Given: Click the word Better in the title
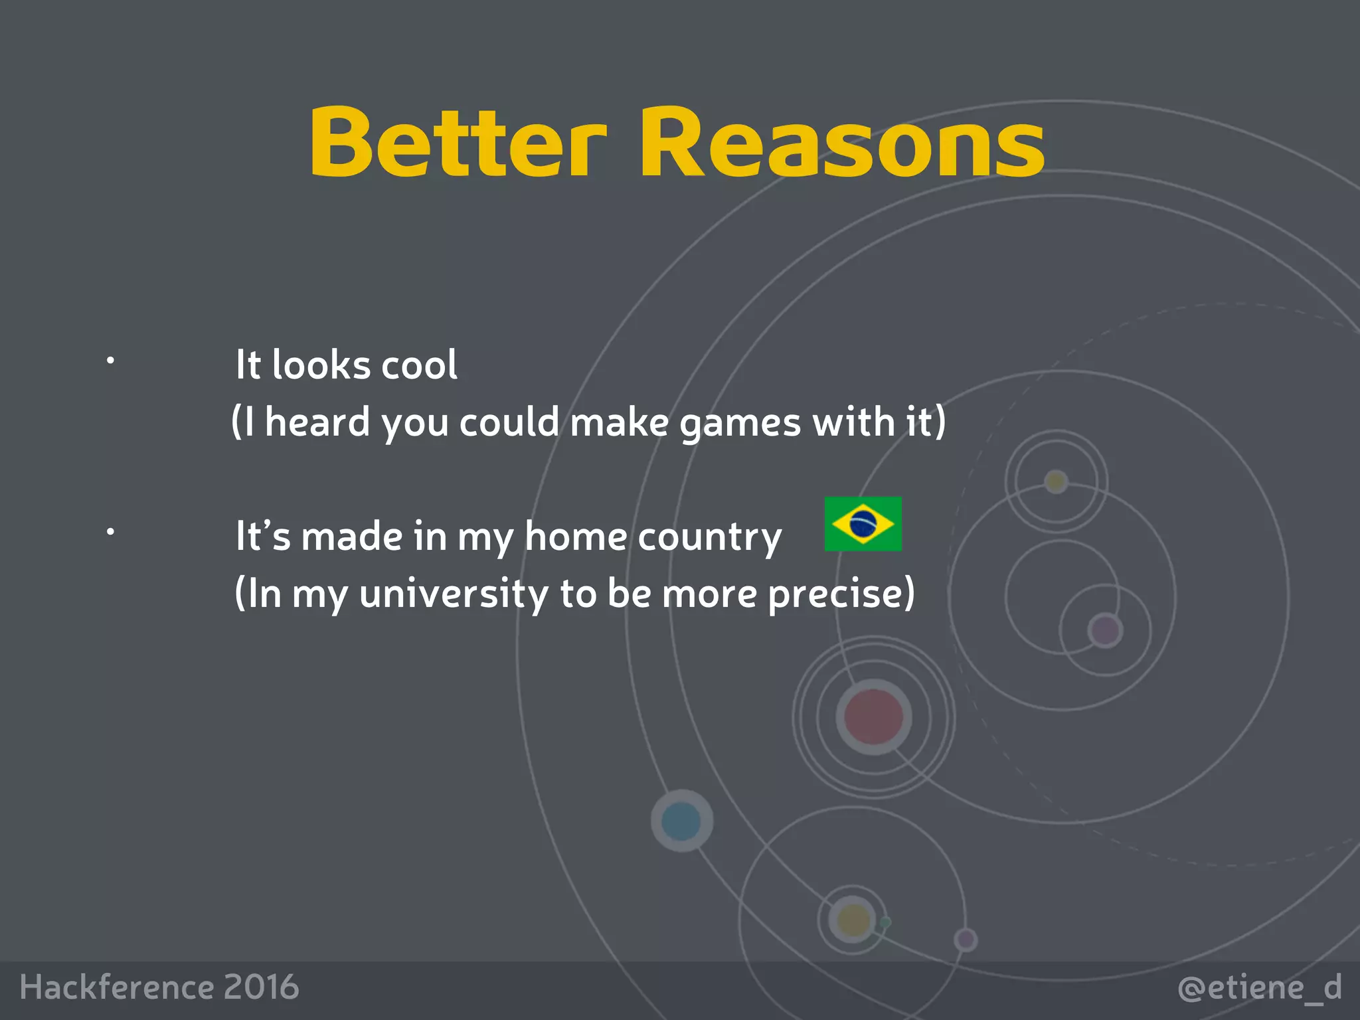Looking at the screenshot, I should point(458,143).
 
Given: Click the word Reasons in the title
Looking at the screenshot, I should point(842,143).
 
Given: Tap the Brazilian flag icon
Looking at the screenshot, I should point(863,524).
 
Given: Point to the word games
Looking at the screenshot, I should point(740,424).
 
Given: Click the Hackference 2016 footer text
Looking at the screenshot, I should point(159,987).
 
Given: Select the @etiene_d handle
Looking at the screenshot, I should point(1259,987).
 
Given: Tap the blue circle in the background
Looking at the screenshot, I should point(681,821).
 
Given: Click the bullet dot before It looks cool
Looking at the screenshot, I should point(110,361).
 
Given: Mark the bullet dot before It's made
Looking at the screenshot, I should point(110,531).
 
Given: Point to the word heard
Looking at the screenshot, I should point(317,422).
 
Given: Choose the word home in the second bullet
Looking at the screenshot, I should point(575,537).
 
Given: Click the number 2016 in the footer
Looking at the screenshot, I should point(261,987).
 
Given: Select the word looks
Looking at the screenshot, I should point(321,365).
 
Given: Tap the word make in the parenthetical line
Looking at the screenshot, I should point(619,422).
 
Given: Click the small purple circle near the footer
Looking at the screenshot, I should point(966,940).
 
